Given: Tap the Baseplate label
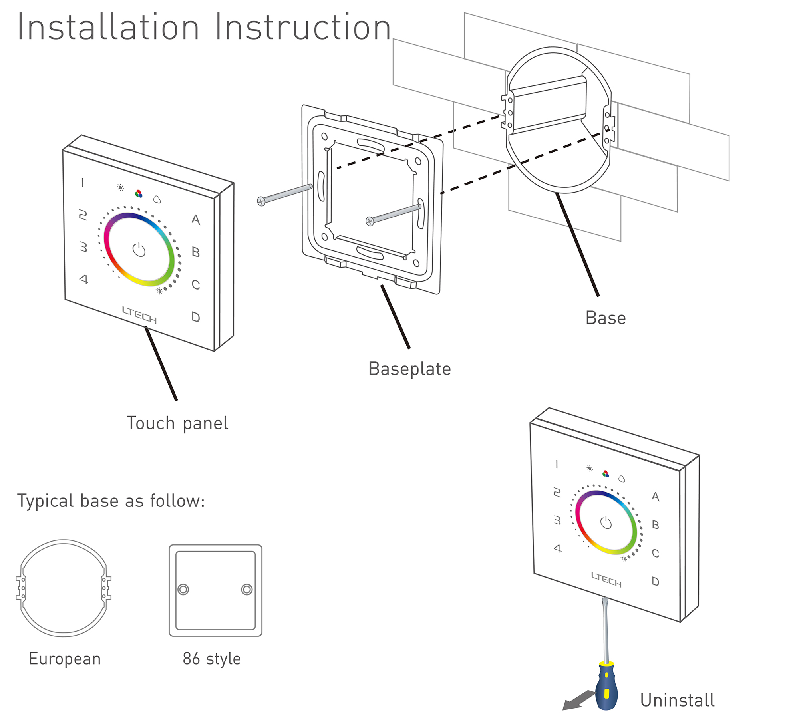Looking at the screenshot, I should [409, 369].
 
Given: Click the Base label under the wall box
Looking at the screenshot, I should [605, 318].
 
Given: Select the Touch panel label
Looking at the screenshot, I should [177, 423].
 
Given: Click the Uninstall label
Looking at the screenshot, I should [677, 700].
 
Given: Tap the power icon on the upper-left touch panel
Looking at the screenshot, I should [139, 250].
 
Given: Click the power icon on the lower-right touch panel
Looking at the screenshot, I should [606, 522].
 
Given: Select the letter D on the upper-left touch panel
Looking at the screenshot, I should [195, 317].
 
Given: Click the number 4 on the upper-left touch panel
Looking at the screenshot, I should [83, 279].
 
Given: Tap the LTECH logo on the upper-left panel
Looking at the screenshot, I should [139, 315].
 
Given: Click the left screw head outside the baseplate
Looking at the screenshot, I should [261, 201].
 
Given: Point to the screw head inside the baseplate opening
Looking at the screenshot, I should [370, 221].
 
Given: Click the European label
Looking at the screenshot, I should [65, 659].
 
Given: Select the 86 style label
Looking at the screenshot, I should [212, 659].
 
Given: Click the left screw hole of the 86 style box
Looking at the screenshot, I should [183, 589].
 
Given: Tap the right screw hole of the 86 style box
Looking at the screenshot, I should [247, 589].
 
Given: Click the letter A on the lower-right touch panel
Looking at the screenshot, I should [656, 497].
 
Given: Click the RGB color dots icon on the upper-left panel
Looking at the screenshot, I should [139, 194].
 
